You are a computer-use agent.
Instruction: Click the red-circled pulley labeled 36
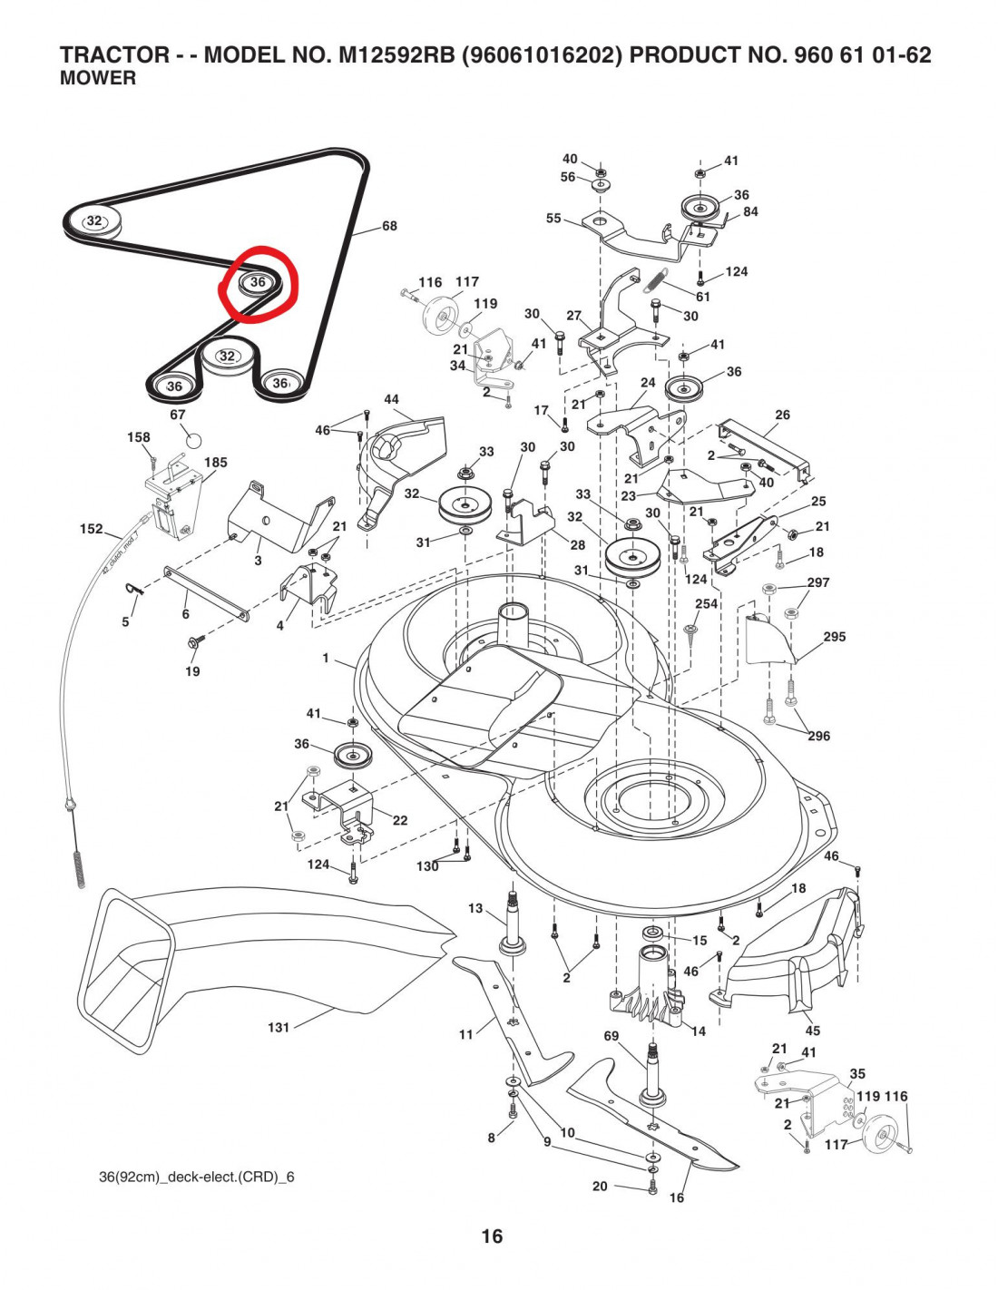click(x=258, y=283)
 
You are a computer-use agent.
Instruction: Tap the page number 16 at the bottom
click(x=492, y=1236)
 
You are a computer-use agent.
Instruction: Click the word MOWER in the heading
click(x=98, y=79)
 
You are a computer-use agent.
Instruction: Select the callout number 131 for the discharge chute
click(x=279, y=1027)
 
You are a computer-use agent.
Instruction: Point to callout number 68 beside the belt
click(x=389, y=226)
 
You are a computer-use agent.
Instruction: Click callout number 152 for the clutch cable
click(x=92, y=529)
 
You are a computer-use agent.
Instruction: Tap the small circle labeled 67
click(x=192, y=440)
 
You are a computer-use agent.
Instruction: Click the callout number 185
click(x=216, y=463)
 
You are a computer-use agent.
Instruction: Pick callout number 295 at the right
click(x=835, y=637)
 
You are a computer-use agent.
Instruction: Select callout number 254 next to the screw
click(x=706, y=603)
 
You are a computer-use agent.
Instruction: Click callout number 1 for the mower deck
click(x=327, y=658)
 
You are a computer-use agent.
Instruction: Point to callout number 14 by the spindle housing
click(x=698, y=1031)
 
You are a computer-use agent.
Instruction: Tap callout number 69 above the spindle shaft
click(x=612, y=1036)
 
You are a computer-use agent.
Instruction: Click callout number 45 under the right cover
click(x=813, y=1031)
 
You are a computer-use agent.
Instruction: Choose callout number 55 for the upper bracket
click(x=553, y=219)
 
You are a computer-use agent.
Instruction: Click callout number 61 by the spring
click(x=703, y=297)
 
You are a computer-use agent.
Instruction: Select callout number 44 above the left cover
click(x=392, y=399)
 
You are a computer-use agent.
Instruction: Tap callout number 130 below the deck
click(x=427, y=866)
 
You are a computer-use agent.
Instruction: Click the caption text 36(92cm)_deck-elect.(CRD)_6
click(x=197, y=1178)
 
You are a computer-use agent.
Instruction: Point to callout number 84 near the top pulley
click(x=750, y=211)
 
